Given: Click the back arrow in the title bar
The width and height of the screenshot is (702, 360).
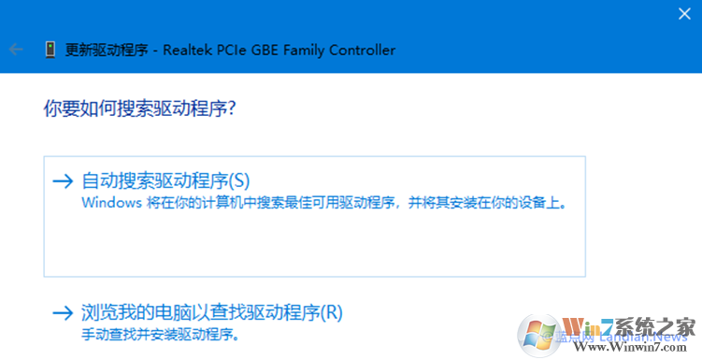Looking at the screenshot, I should tap(15, 50).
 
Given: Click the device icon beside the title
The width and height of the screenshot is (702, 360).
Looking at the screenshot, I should tap(49, 50).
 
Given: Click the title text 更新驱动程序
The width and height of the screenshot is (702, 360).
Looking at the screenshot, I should tap(107, 50).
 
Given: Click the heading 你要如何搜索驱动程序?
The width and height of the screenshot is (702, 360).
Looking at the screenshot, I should tap(139, 109).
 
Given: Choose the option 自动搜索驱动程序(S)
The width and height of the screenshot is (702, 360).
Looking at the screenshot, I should tap(166, 180).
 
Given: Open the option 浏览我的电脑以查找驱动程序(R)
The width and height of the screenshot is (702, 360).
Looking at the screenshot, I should tap(212, 312).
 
